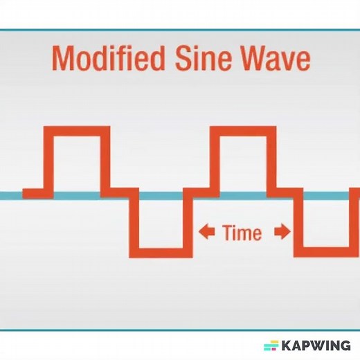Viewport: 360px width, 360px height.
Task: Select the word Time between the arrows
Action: coord(242,233)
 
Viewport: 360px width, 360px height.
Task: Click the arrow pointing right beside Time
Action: coord(282,233)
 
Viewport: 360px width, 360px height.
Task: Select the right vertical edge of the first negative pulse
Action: coord(188,223)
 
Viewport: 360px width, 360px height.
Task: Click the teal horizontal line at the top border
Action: coord(180,30)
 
